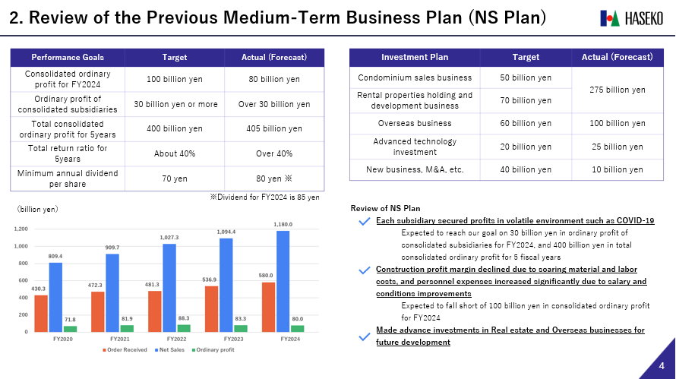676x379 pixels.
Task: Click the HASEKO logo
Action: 630,17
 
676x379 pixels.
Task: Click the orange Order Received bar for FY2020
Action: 40,313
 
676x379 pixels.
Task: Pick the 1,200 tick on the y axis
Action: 21,229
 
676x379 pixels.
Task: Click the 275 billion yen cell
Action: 617,89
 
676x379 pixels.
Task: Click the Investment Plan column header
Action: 414,57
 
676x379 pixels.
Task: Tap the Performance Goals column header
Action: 68,57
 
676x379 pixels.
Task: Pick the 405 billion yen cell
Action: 274,128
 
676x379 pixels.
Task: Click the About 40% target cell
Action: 175,153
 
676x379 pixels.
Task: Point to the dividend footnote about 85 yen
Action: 264,197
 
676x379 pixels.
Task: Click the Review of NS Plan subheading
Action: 385,208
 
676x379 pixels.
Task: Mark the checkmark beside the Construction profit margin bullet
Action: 364,270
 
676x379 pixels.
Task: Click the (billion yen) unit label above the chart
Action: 38,208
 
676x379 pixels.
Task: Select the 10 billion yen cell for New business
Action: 617,169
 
